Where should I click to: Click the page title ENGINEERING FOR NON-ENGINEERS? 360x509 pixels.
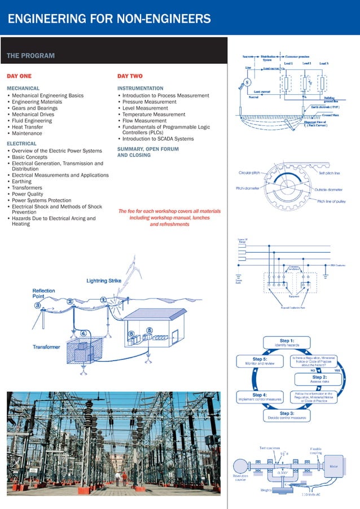pos(109,20)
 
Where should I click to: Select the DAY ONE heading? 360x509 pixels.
pos(19,76)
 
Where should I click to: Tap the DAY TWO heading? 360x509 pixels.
pos(130,76)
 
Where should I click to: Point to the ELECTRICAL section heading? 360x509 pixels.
pos(21,144)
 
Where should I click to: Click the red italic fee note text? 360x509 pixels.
pos(169,217)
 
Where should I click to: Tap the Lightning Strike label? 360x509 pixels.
pos(109,280)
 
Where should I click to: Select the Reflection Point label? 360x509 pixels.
pos(44,293)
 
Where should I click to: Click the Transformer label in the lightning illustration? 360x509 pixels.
pos(47,346)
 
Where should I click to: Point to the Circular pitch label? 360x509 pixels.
pos(249,172)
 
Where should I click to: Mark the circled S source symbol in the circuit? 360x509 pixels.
pos(247,81)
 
